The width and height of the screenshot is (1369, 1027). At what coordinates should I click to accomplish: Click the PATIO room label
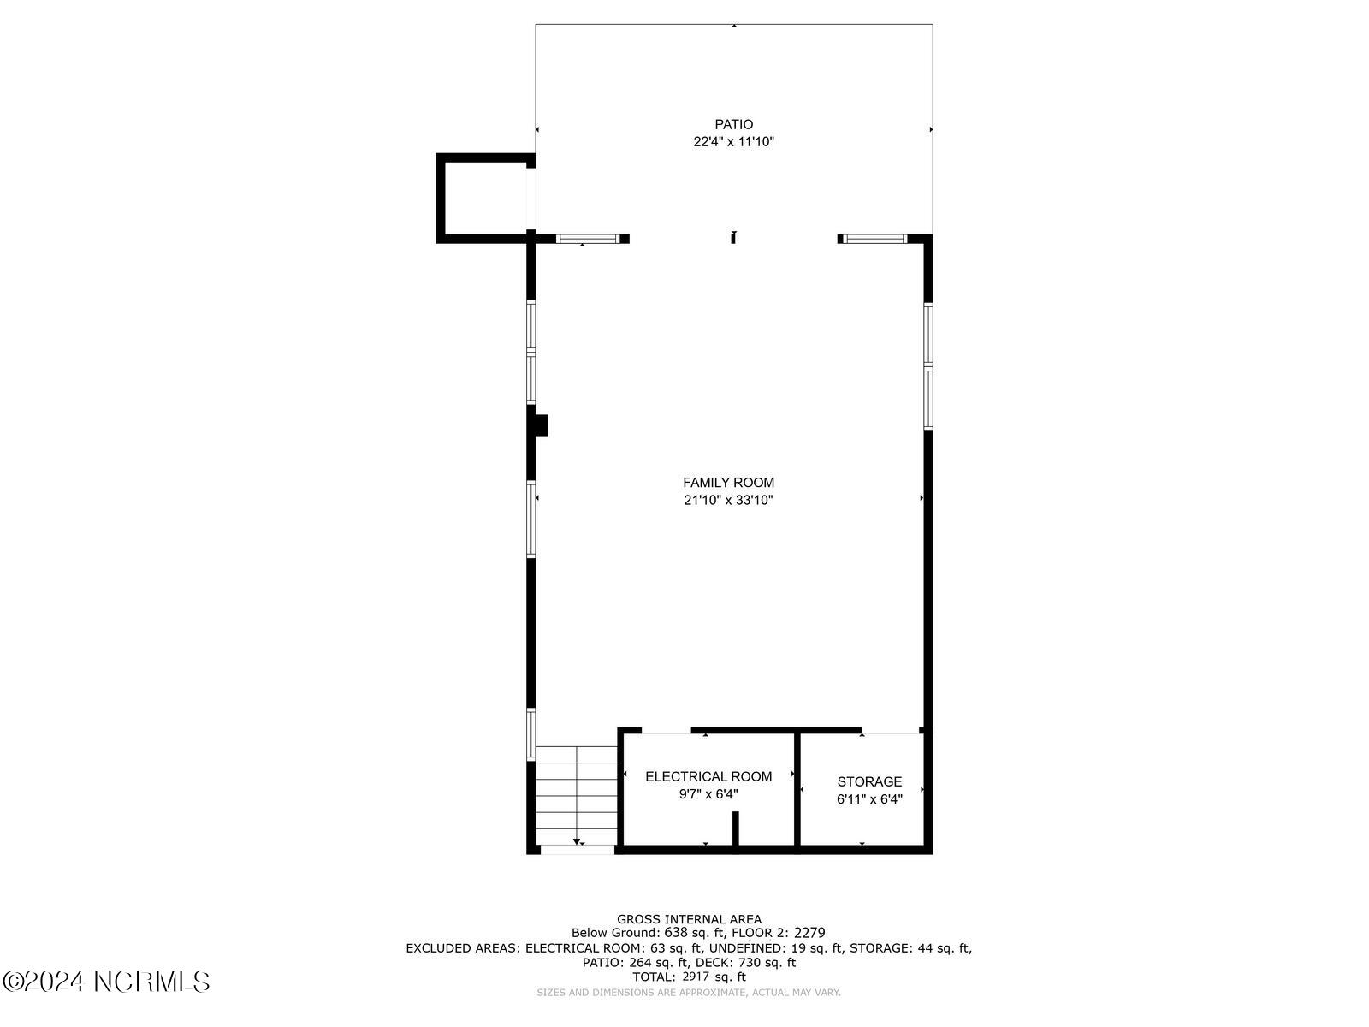click(x=733, y=125)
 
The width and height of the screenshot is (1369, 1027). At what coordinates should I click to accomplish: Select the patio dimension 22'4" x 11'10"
click(x=733, y=142)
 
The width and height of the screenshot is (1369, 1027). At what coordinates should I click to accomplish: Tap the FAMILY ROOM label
click(x=728, y=483)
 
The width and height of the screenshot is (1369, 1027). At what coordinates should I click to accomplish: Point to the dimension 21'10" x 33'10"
click(x=728, y=501)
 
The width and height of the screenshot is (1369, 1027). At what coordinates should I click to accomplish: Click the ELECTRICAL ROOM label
click(x=708, y=777)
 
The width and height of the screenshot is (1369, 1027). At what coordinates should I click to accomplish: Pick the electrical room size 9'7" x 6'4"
click(x=708, y=794)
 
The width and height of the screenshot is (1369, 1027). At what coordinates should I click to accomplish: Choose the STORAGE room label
click(x=869, y=781)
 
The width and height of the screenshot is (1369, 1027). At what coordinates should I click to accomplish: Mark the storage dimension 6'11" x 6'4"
click(x=869, y=799)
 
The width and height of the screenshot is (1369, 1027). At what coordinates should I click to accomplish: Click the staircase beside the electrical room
click(x=576, y=795)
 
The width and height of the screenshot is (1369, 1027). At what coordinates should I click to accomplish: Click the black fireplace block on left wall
click(x=540, y=425)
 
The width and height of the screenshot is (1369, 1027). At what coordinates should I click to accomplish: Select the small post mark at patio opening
click(x=733, y=238)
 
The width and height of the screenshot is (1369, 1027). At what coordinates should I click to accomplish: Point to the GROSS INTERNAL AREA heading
click(x=689, y=919)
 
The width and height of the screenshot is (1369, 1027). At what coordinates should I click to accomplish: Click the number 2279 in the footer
click(x=809, y=933)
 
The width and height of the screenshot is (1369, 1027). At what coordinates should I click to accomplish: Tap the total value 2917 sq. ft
click(x=714, y=977)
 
